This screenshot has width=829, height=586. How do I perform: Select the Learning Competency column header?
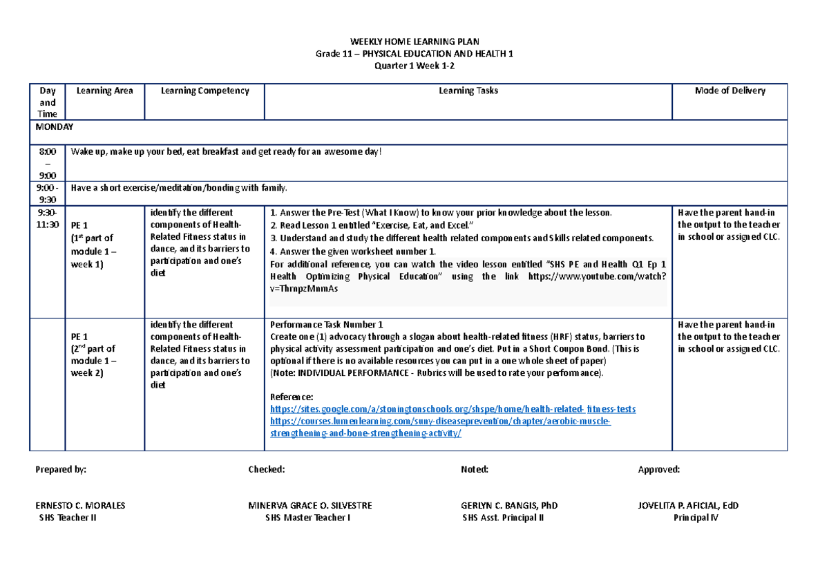click(204, 91)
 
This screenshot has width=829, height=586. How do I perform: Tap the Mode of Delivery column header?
click(730, 91)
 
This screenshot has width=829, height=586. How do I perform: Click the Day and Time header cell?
click(47, 102)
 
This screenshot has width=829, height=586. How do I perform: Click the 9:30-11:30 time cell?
click(48, 218)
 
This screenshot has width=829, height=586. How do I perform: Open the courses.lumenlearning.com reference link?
click(440, 421)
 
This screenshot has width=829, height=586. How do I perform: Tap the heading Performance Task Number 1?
click(326, 324)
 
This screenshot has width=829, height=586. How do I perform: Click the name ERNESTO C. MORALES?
click(80, 505)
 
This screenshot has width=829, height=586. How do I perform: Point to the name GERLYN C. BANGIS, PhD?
click(509, 505)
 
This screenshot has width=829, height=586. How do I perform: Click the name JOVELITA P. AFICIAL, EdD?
click(688, 505)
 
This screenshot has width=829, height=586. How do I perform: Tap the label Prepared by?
click(61, 469)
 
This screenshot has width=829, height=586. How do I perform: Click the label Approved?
click(659, 469)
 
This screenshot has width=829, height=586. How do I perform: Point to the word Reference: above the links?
click(292, 397)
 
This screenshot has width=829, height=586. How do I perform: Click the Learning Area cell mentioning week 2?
click(94, 348)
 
